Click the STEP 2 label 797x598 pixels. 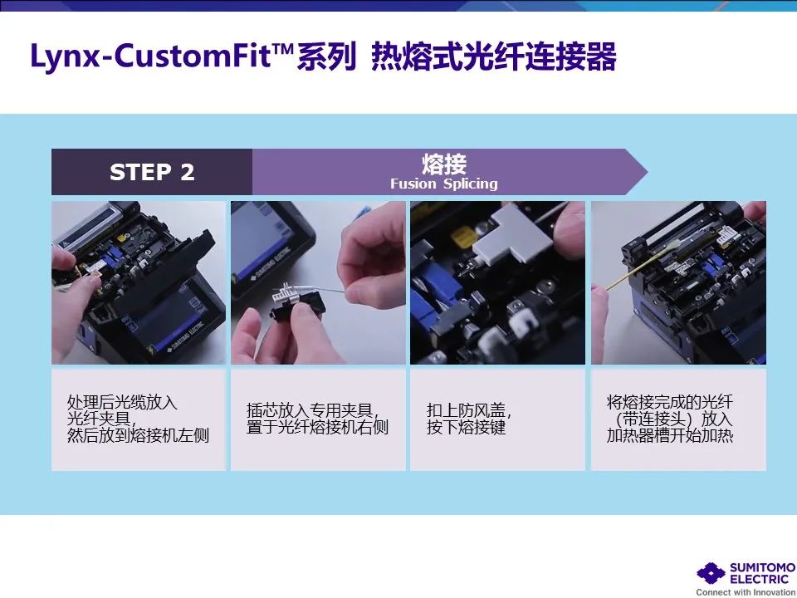[152, 172]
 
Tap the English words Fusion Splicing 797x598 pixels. [443, 184]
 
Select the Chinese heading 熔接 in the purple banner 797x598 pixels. [444, 164]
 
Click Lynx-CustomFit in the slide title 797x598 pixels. [150, 56]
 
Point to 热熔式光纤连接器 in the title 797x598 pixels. [493, 56]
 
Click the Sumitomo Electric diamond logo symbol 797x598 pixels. [711, 573]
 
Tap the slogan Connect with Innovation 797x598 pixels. [746, 592]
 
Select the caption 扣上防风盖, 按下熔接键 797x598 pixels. [469, 419]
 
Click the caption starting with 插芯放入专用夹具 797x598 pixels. [318, 419]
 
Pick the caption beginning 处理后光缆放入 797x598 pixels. [139, 419]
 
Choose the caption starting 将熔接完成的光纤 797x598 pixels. [670, 419]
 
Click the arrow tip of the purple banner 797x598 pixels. [647, 172]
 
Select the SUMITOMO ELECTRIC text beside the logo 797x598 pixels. [762, 573]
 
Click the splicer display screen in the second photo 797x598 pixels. [266, 239]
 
